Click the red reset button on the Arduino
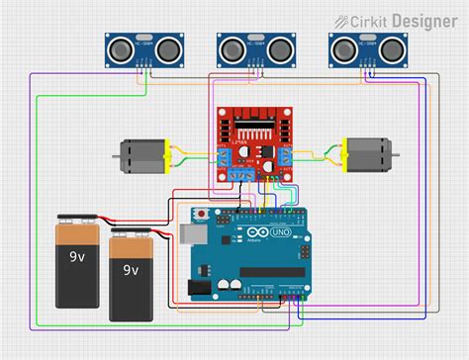[202, 214]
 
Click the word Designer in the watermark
[422, 20]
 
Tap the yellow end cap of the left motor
[167, 154]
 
